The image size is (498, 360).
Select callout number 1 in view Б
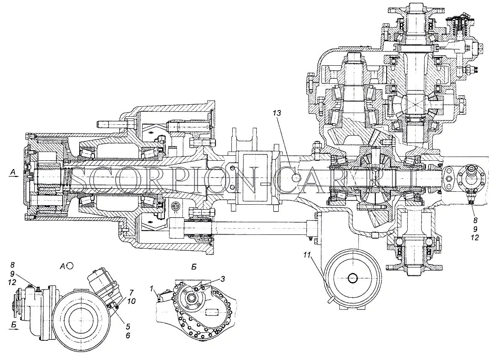pos(153,288)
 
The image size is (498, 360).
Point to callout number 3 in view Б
pos(223,278)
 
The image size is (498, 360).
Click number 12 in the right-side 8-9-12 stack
pos(474,237)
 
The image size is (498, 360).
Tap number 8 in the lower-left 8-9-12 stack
pos(13,265)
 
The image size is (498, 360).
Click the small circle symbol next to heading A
pos(70,265)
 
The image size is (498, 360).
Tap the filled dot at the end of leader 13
pos(296,178)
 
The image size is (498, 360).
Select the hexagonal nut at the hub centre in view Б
pos(193,297)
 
